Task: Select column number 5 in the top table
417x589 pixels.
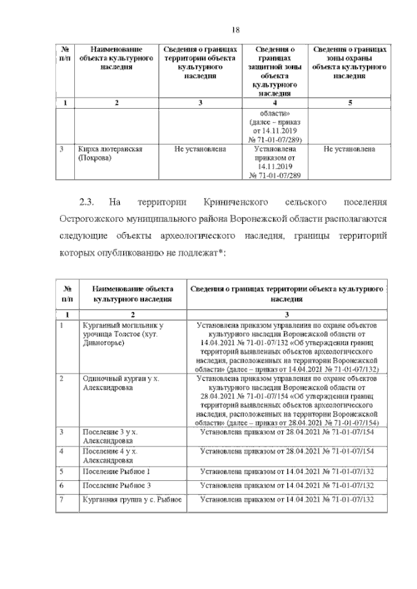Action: tap(349, 103)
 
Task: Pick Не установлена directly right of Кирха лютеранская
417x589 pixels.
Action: tap(200, 149)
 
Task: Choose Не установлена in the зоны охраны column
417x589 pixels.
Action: tap(349, 149)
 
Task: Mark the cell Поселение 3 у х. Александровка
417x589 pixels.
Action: tap(113, 435)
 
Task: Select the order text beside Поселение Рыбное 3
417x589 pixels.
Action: tap(287, 486)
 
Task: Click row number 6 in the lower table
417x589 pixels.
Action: tap(61, 486)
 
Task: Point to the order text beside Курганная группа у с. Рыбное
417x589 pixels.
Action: tap(287, 500)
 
